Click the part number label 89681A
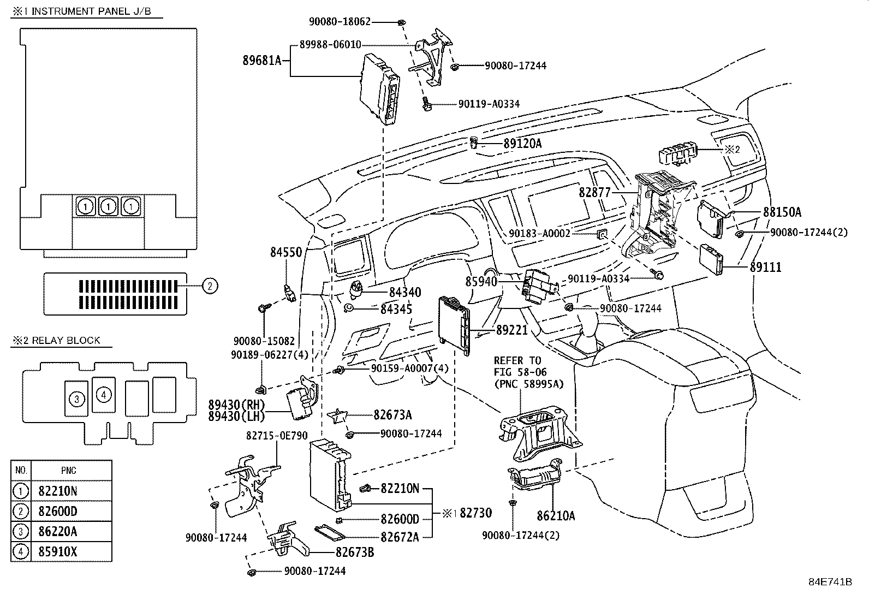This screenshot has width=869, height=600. click(261, 60)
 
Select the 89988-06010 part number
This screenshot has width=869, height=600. click(330, 45)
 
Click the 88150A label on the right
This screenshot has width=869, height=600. click(782, 212)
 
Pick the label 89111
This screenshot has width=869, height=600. click(765, 267)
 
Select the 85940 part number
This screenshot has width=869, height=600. click(481, 281)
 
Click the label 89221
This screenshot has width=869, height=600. click(512, 330)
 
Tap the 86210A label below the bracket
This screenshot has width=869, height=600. click(556, 515)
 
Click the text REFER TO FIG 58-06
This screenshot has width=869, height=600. click(517, 366)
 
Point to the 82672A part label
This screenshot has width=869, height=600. click(400, 537)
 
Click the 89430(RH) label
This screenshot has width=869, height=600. click(236, 405)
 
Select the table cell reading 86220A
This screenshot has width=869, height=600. click(58, 531)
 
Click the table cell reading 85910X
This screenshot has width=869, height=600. click(58, 551)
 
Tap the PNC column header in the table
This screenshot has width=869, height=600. click(69, 470)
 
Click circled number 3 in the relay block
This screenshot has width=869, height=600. click(77, 399)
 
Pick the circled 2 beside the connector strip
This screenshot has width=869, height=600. click(210, 285)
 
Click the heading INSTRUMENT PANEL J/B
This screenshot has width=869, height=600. click(91, 11)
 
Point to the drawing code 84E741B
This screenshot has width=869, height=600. click(830, 581)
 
